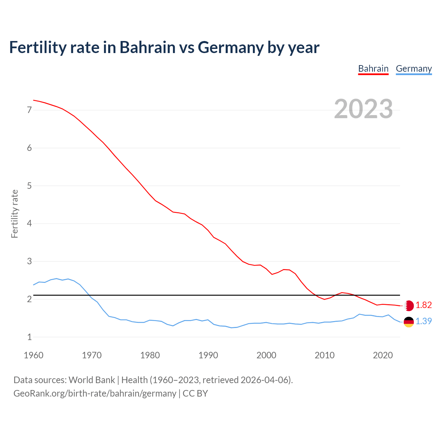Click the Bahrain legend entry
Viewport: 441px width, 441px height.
373,69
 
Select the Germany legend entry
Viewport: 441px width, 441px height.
413,69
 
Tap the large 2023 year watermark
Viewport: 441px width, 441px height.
363,109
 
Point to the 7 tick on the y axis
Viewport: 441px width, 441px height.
29,110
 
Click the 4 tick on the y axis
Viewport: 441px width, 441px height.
29,224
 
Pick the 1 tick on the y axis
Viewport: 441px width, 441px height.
29,337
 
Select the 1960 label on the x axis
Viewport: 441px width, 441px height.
33,355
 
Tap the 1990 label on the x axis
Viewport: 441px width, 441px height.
208,355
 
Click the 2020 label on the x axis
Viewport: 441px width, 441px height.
383,355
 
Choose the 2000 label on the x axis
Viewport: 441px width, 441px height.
266,355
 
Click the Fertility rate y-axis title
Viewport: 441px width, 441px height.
14,214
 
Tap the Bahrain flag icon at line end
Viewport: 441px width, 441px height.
409,306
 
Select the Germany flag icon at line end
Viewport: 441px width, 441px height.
409,322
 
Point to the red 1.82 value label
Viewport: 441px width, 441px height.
423,305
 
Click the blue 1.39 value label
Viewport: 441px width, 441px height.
423,321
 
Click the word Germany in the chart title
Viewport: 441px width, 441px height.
230,48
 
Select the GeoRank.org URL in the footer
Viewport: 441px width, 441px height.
95,393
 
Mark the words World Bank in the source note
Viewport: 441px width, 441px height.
92,380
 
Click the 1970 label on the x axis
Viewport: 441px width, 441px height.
92,355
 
